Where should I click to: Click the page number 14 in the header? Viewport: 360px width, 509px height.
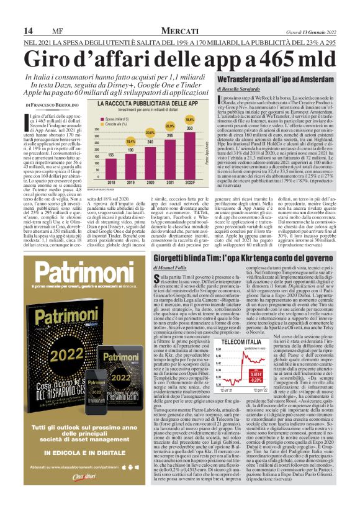coord(27,32)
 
